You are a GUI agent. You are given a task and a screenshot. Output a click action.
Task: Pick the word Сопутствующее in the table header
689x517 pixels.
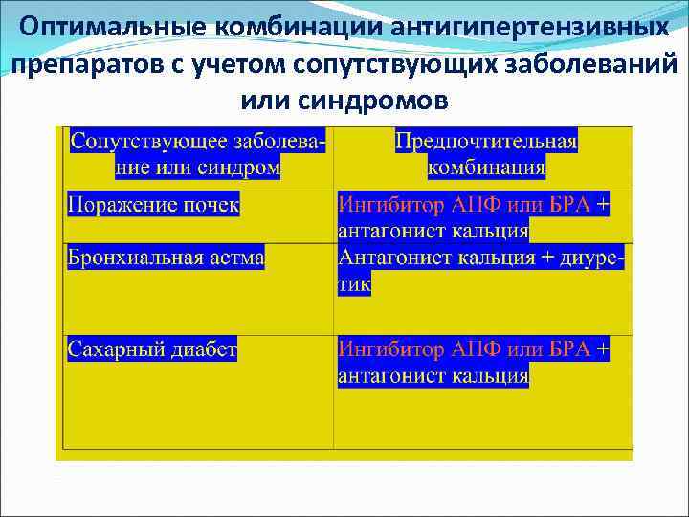point(148,142)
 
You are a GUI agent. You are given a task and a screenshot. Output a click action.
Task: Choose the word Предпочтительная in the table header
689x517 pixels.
point(486,142)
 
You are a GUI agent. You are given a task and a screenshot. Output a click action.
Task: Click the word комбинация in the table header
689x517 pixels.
point(486,169)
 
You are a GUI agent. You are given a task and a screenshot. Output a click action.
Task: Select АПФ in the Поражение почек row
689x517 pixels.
point(478,205)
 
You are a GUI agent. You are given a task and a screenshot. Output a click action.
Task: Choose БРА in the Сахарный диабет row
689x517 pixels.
point(570,350)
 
